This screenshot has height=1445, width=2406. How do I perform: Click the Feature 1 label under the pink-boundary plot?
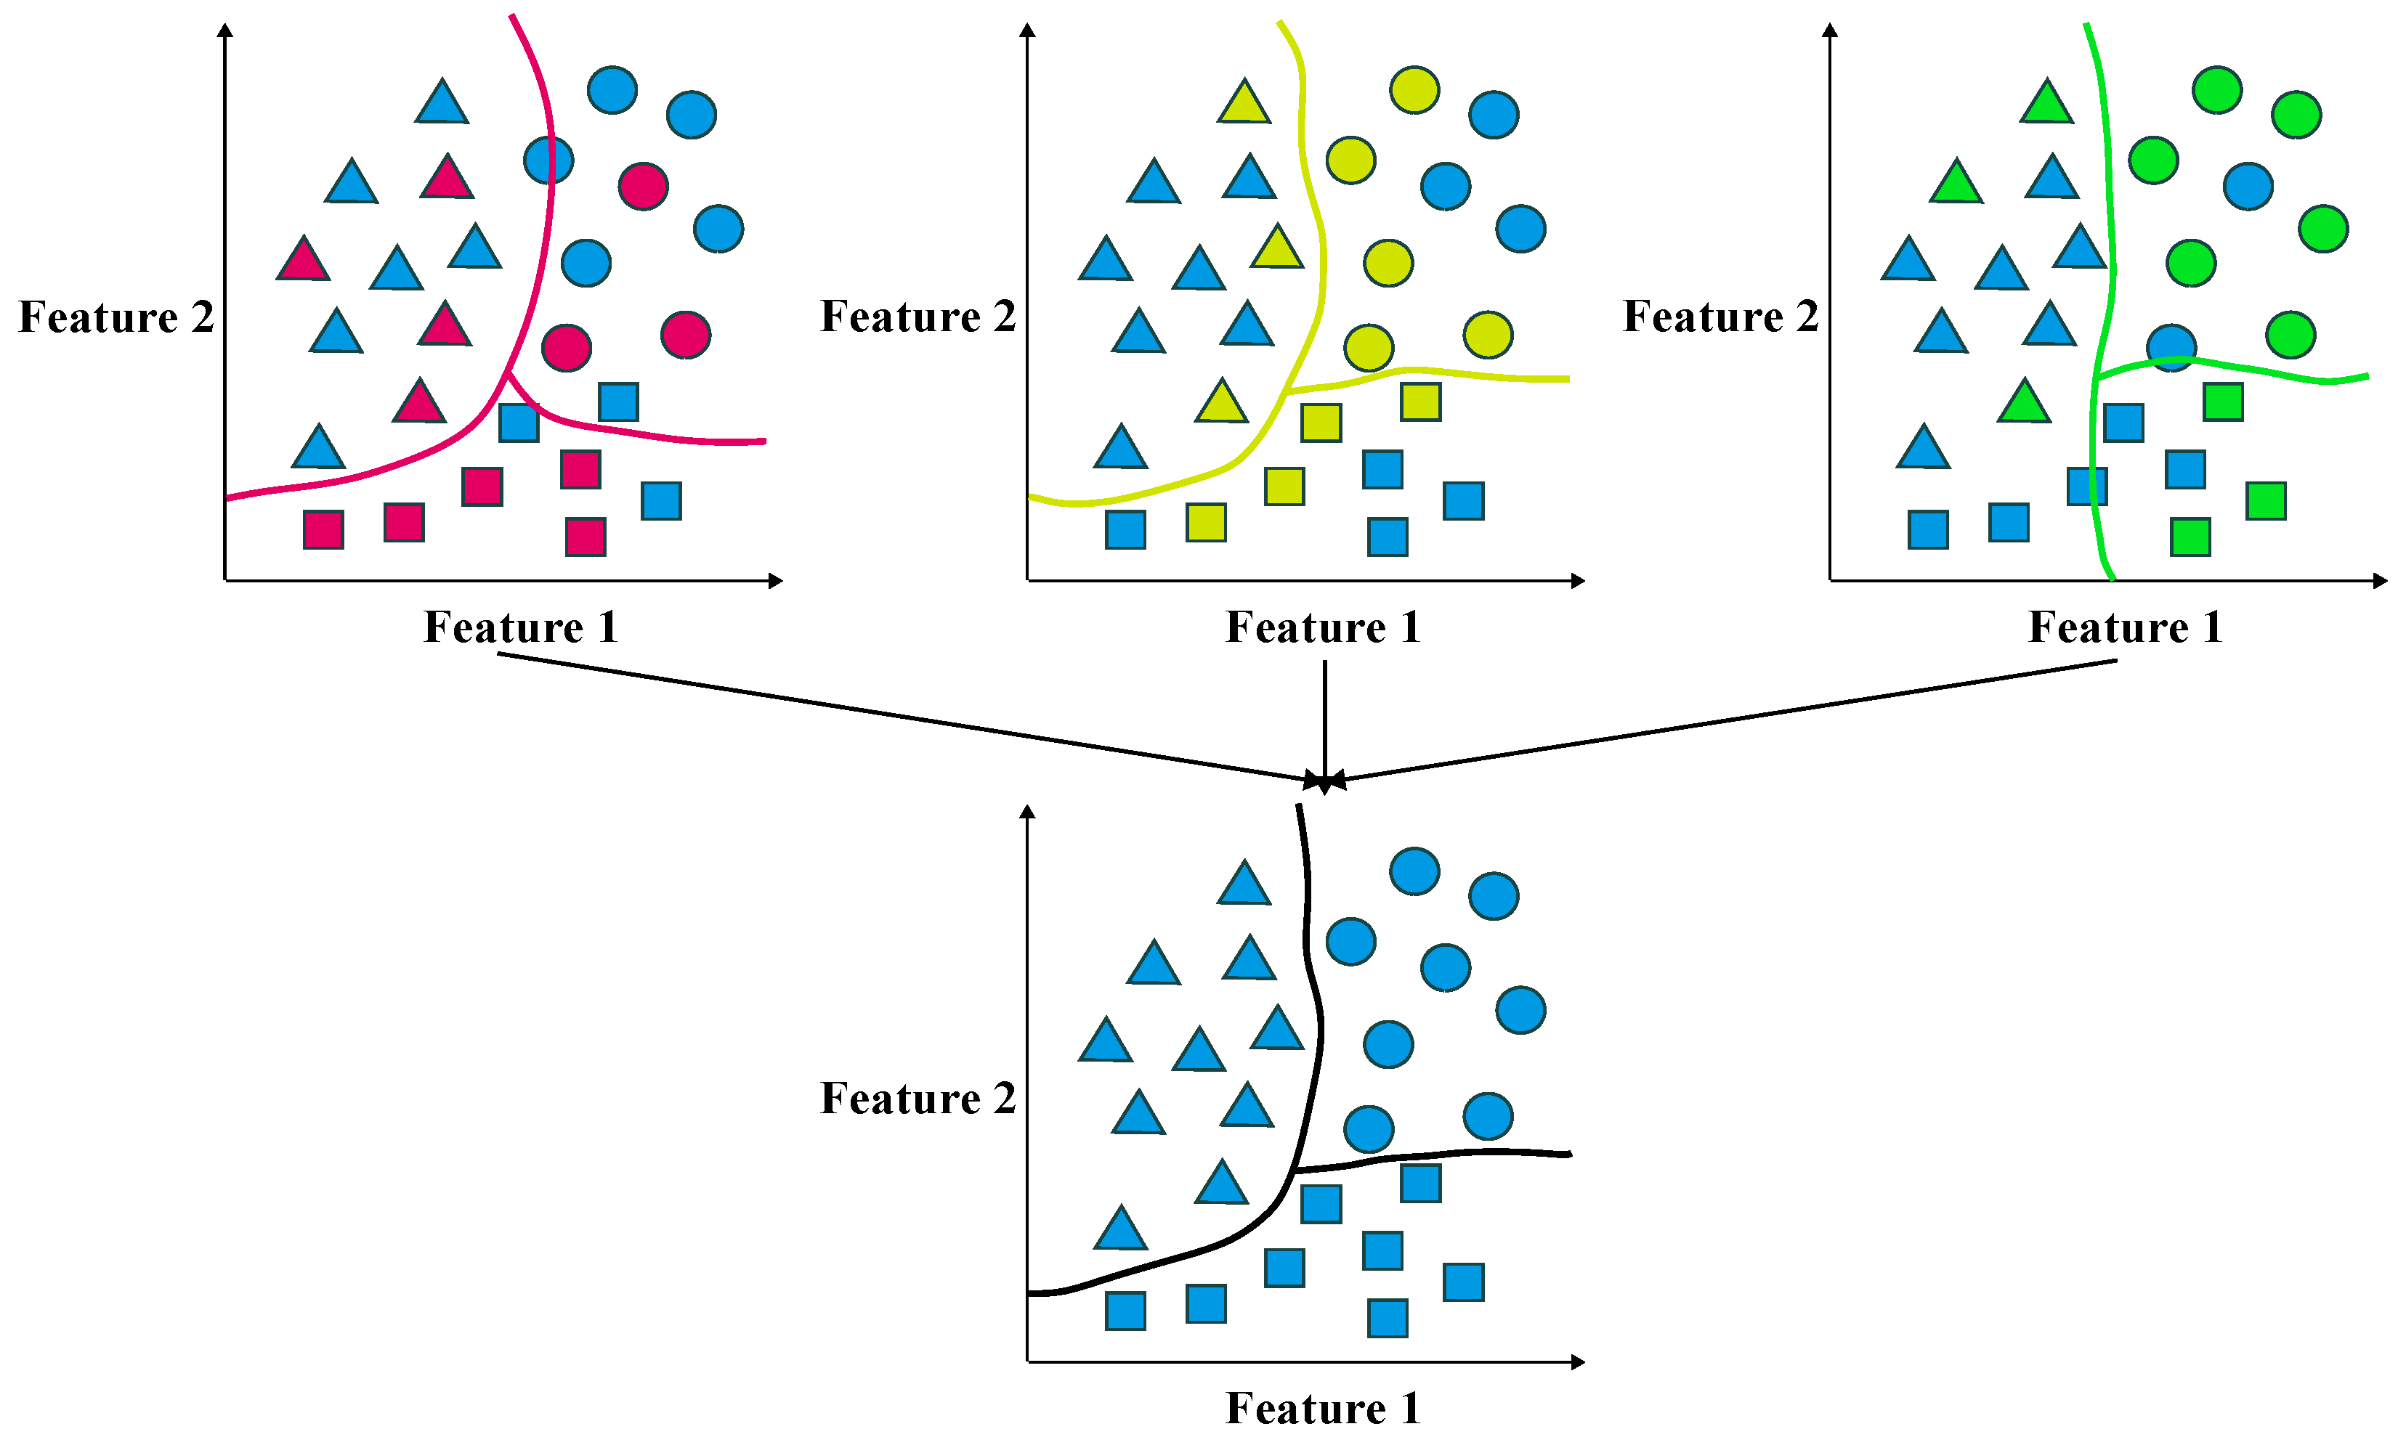pyautogui.click(x=521, y=627)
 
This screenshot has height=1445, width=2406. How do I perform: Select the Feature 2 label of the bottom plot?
pyautogui.click(x=918, y=1099)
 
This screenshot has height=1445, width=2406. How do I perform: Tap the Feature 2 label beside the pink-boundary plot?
pyautogui.click(x=116, y=317)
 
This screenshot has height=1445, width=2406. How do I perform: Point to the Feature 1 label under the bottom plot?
pyautogui.click(x=1323, y=1408)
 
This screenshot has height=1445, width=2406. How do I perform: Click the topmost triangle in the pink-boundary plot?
pyautogui.click(x=442, y=103)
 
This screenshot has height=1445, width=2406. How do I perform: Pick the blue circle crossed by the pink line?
pyautogui.click(x=548, y=160)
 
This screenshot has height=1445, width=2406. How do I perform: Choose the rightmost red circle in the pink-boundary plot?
pyautogui.click(x=686, y=335)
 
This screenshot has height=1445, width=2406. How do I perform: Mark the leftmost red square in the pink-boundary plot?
pyautogui.click(x=323, y=529)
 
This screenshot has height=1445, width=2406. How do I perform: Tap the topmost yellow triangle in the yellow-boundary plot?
pyautogui.click(x=1244, y=103)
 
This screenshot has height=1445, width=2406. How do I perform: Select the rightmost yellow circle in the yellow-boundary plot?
pyautogui.click(x=1488, y=335)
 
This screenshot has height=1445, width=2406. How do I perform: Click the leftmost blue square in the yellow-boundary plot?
pyautogui.click(x=1125, y=529)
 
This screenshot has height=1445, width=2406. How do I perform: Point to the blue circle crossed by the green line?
pyautogui.click(x=2171, y=346)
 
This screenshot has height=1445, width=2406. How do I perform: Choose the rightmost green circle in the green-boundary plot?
pyautogui.click(x=2323, y=229)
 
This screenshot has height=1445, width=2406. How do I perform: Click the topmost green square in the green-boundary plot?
pyautogui.click(x=2223, y=401)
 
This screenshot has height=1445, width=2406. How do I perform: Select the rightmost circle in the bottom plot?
pyautogui.click(x=1520, y=1010)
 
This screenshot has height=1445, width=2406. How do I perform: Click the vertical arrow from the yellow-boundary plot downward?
pyautogui.click(x=1325, y=720)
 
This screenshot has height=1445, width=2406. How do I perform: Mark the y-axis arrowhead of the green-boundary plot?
pyautogui.click(x=1831, y=30)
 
